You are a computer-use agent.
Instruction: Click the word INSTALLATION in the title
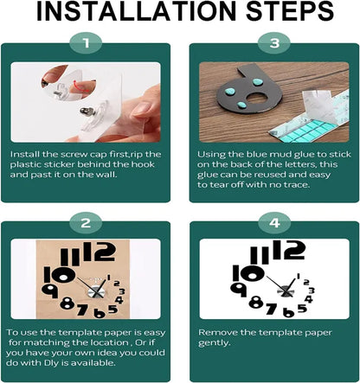(x=136, y=11)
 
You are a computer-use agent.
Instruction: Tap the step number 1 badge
(x=86, y=43)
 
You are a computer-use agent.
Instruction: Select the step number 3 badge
(x=274, y=43)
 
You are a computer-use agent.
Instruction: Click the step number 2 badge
(x=86, y=223)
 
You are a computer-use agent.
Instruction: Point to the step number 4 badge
(x=274, y=223)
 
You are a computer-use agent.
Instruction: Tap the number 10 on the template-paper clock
(x=60, y=275)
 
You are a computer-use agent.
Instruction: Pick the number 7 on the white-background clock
(x=271, y=309)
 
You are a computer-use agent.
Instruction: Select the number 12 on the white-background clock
(x=288, y=250)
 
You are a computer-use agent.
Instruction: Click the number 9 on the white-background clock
(x=239, y=289)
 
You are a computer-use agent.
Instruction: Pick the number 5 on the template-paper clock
(x=113, y=310)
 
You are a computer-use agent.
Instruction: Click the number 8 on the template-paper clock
(x=67, y=303)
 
